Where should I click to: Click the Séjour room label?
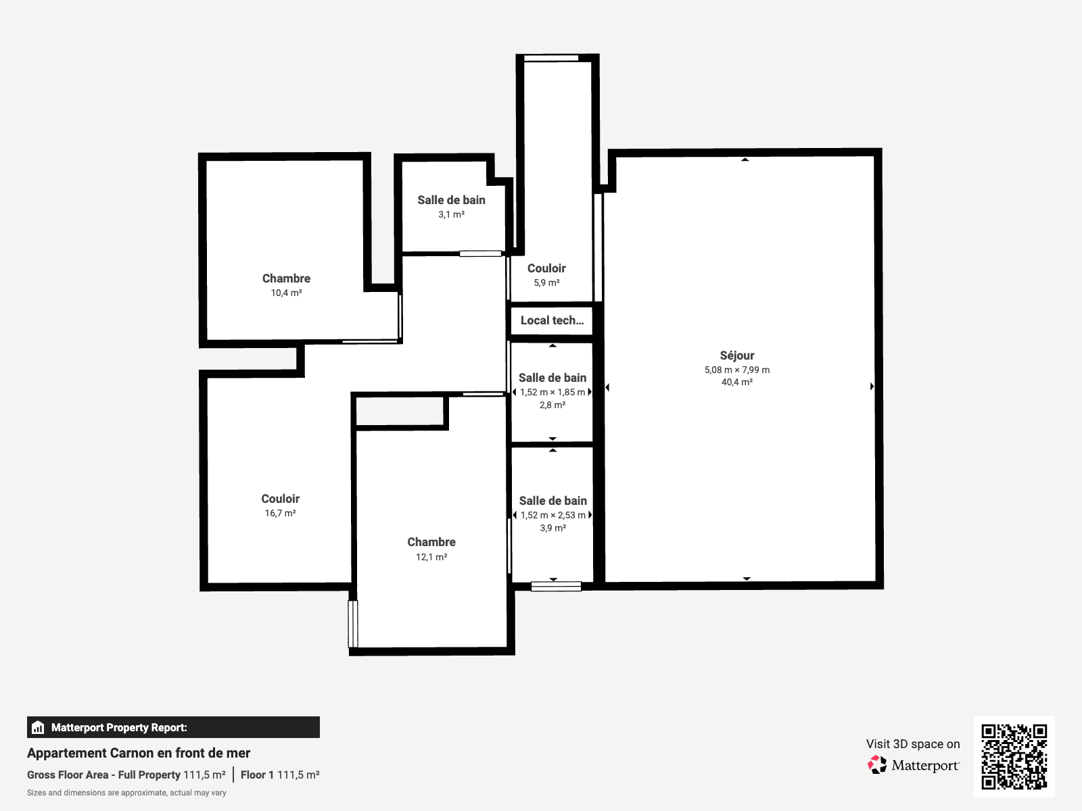coord(737,355)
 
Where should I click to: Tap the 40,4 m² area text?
coord(737,382)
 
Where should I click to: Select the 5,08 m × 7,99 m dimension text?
coord(737,370)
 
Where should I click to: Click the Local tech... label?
coord(552,320)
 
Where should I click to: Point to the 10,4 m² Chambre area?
coord(286,293)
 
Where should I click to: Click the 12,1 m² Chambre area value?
coord(431,557)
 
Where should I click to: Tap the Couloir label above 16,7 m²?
coord(280,499)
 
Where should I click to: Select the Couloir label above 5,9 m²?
coord(546,268)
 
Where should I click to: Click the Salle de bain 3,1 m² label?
coord(452,201)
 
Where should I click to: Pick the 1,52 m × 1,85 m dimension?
coord(552,393)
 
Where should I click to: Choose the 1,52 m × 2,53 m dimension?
coord(553,516)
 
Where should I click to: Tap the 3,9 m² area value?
coord(553,529)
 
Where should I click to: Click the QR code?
coord(1014,756)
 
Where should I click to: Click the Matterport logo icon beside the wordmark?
coord(877,765)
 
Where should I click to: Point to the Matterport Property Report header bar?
coord(173,727)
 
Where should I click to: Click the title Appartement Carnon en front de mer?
coord(139,754)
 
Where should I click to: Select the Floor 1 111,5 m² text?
coord(280,775)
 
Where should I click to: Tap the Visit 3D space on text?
coord(913,744)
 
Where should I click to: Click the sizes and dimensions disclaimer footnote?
coord(126,793)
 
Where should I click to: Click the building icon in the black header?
coord(38,727)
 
